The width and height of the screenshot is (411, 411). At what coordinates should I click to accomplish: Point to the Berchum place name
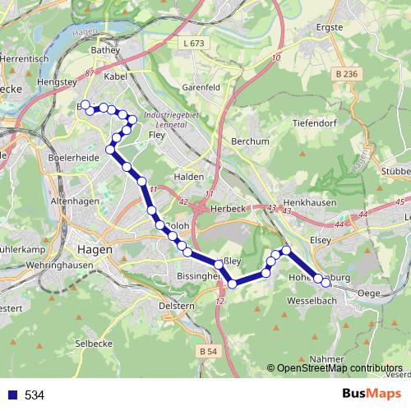(252, 141)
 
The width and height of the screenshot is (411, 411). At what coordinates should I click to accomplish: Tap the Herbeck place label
(232, 209)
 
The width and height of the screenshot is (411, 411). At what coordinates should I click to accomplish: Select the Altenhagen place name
(74, 201)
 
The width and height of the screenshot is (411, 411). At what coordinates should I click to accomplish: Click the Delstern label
(176, 306)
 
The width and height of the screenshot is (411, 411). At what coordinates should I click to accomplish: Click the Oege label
(370, 293)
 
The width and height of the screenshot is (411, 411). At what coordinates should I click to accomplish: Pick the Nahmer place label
(326, 359)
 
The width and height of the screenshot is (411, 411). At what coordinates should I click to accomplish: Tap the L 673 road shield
(194, 42)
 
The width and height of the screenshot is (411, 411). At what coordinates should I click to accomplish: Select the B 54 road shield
(210, 352)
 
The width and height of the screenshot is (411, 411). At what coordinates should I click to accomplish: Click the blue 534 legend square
(12, 395)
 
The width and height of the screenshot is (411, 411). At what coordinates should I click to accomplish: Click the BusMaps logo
(372, 395)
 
